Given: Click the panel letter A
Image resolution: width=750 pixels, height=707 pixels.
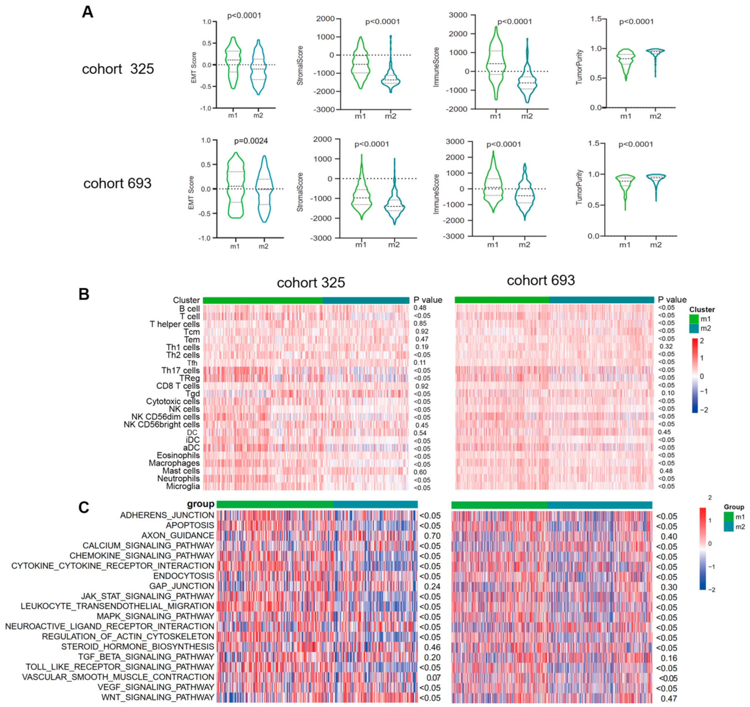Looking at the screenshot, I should point(87,12).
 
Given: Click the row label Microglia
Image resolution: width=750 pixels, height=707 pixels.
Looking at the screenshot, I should point(183,486).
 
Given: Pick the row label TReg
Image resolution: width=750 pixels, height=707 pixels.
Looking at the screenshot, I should point(189,378).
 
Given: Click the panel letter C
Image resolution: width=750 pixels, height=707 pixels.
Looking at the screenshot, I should point(84,507).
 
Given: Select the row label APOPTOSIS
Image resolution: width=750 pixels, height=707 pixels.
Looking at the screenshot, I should point(190,525).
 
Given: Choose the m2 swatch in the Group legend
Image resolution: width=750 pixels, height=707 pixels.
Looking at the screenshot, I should point(728,527).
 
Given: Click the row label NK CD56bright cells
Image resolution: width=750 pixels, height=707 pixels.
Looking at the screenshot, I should point(161,424).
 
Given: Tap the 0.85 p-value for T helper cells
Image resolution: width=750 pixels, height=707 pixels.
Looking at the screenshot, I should point(420,323).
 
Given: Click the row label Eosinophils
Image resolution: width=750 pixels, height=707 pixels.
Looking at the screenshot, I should point(178,455).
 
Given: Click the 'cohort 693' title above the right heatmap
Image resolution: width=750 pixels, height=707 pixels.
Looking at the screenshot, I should point(540,280).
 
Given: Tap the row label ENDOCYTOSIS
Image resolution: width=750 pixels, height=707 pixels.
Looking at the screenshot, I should point(183,576).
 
